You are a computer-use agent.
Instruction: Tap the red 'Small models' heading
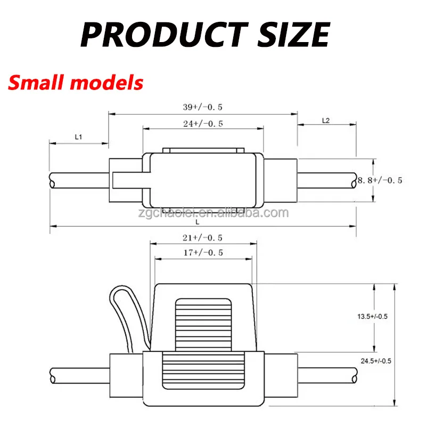(x=76, y=83)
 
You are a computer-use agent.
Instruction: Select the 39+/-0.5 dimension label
(x=202, y=107)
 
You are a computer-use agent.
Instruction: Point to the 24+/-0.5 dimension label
(x=202, y=124)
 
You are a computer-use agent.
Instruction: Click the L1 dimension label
(x=78, y=137)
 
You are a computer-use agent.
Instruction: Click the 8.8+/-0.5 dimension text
(x=380, y=181)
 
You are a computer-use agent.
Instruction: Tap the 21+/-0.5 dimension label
(x=202, y=237)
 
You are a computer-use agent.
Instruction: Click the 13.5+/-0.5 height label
(x=372, y=316)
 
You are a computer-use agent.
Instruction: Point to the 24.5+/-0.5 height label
(x=376, y=361)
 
